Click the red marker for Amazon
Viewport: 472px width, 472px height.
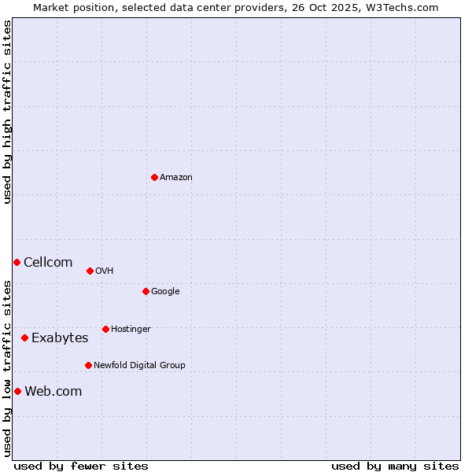point(154,177)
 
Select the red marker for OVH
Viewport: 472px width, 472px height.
point(90,271)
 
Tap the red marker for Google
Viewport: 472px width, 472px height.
point(146,291)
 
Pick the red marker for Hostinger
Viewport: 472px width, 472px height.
point(105,329)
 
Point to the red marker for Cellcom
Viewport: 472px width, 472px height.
point(17,262)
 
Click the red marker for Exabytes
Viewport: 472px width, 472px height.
point(24,337)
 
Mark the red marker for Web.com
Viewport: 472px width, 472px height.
point(17,391)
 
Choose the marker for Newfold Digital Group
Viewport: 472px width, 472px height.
point(88,365)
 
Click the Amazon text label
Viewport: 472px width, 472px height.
point(176,178)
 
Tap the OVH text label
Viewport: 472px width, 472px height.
point(105,271)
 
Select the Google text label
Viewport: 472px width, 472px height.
point(165,292)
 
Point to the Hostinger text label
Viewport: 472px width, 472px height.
point(131,330)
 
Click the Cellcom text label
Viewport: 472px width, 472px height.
point(48,263)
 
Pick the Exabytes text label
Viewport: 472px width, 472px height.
point(60,338)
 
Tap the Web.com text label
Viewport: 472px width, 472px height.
point(53,392)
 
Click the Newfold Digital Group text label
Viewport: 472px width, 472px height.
point(139,366)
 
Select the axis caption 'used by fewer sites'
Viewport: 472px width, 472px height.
point(81,466)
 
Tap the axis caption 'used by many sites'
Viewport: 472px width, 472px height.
point(395,466)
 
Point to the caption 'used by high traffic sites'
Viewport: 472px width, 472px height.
point(7,112)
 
